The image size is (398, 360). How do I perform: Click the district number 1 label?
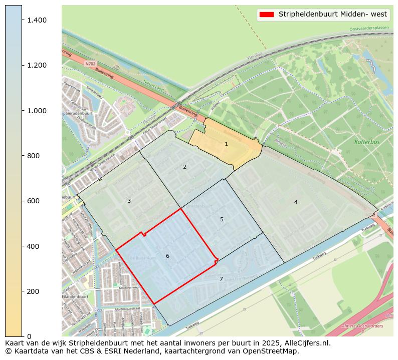(226, 144)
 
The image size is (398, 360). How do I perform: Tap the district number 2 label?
(184, 167)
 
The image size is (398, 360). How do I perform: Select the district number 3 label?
(129, 201)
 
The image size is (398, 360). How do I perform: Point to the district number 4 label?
(296, 202)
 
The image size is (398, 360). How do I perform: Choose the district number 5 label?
(222, 220)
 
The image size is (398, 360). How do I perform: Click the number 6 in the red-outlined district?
(167, 256)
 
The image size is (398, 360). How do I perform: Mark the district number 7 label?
(221, 279)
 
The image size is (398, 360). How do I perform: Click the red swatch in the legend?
(267, 15)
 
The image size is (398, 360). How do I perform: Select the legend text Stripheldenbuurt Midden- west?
(333, 15)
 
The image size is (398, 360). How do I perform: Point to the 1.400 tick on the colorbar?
(37, 20)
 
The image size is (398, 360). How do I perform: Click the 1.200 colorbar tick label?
(37, 65)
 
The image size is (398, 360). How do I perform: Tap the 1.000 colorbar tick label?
(37, 111)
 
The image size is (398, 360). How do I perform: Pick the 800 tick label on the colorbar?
(34, 156)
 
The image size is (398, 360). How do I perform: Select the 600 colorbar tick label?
(34, 201)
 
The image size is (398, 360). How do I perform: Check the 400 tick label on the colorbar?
(34, 246)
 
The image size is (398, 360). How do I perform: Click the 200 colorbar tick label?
(34, 291)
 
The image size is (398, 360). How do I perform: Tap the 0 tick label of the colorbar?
(29, 336)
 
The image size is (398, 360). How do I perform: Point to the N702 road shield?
(90, 64)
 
